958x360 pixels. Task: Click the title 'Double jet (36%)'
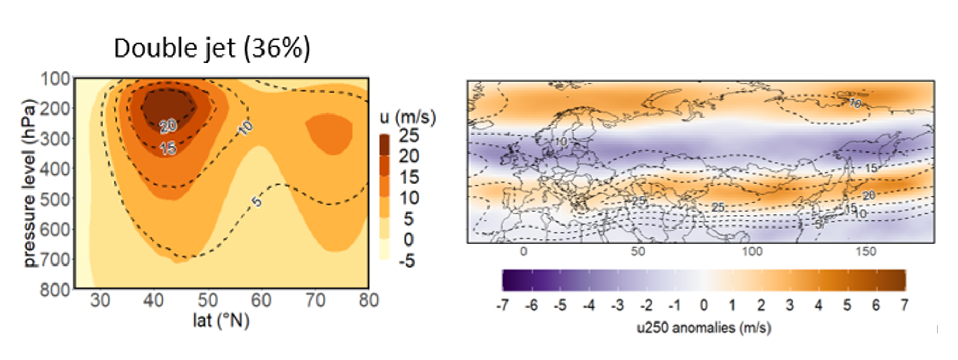coord(212,48)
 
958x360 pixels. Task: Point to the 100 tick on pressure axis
coord(55,79)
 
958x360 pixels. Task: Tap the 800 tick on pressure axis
coord(55,290)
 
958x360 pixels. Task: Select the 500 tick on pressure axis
coord(55,199)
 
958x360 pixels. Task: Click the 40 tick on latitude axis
coord(154,300)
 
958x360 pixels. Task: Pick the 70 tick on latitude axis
coord(315,300)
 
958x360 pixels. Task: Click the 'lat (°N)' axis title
coord(221,320)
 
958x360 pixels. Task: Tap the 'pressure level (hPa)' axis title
coord(30,183)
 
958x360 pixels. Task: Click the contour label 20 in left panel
coord(168,125)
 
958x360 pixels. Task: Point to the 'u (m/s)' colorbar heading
coord(407,118)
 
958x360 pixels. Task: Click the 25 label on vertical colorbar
coord(409,136)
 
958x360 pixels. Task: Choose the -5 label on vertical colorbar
coord(407,261)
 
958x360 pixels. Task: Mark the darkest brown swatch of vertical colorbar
coord(384,144)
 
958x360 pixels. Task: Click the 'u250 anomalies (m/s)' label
coord(704,328)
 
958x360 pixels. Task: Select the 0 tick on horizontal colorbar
coord(704,306)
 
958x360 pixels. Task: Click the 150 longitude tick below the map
coord(866,252)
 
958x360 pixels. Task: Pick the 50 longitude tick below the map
coord(637,252)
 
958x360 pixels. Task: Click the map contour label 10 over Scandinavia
coord(560,141)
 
